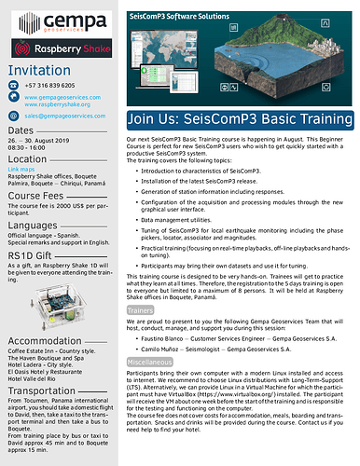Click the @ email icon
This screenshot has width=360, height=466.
pyautogui.click(x=14, y=116)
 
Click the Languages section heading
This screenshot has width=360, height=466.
pyautogui.click(x=32, y=226)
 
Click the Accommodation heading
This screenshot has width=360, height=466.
pyautogui.click(x=44, y=341)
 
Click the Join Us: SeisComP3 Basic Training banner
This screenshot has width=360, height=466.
pyautogui.click(x=240, y=119)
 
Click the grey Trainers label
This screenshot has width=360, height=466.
pyautogui.click(x=140, y=308)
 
